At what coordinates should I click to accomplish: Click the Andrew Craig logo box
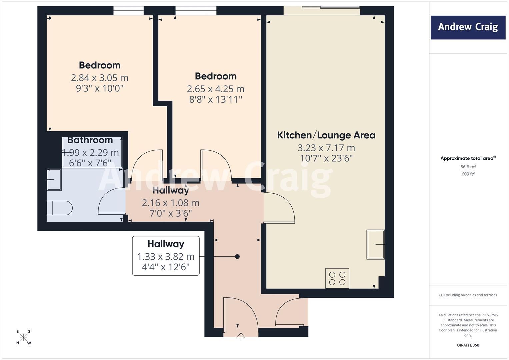468,27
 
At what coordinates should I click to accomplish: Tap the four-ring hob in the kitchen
337,278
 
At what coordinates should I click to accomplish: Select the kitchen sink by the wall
375,244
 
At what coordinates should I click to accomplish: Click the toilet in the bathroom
60,208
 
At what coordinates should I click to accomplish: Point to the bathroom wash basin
54,180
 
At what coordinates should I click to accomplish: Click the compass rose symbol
23,337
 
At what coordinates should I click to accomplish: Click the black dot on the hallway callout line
237,257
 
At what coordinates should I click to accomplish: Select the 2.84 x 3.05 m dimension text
100,78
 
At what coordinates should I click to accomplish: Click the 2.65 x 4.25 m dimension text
216,89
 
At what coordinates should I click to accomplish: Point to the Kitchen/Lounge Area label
326,135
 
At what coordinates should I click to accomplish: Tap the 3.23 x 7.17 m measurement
326,148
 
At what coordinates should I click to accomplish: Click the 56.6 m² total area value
468,167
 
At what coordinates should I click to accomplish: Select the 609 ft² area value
468,174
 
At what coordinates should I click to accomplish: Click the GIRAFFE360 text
468,345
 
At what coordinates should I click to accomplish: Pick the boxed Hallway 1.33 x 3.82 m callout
166,256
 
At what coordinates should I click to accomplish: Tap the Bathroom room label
90,140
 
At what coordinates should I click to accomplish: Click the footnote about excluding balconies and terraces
468,295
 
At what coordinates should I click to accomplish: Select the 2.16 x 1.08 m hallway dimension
171,203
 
